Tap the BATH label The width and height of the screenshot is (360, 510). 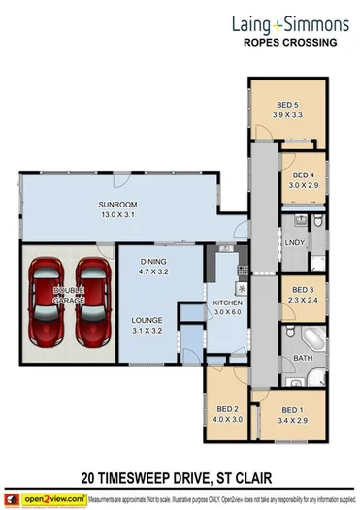coord(302,360)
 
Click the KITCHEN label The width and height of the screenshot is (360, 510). coord(227,303)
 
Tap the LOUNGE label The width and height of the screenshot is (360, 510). coord(147,319)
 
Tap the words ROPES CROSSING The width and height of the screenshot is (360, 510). coord(288,44)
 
